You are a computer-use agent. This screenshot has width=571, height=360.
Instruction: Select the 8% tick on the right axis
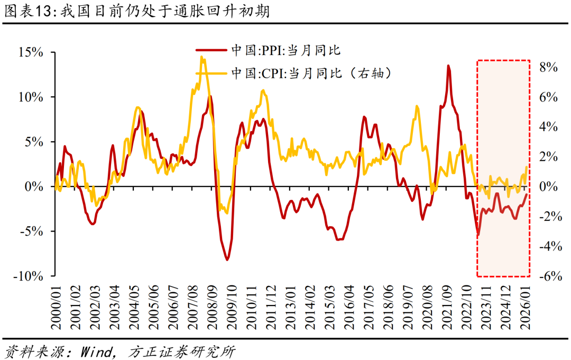(x=549, y=67)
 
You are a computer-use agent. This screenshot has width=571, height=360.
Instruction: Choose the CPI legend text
(x=312, y=73)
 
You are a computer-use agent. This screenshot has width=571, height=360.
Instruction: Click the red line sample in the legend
(x=212, y=50)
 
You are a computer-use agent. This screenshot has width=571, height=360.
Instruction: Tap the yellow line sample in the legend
(x=212, y=73)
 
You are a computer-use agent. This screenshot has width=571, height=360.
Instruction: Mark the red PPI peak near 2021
(x=448, y=66)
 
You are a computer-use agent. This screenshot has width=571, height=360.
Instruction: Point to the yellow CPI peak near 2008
(x=201, y=57)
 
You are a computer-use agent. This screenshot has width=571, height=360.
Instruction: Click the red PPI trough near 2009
(x=227, y=260)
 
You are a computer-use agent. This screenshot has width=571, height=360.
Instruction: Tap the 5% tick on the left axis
(x=32, y=142)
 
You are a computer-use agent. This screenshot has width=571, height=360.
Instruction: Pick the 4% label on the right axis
(x=549, y=127)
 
